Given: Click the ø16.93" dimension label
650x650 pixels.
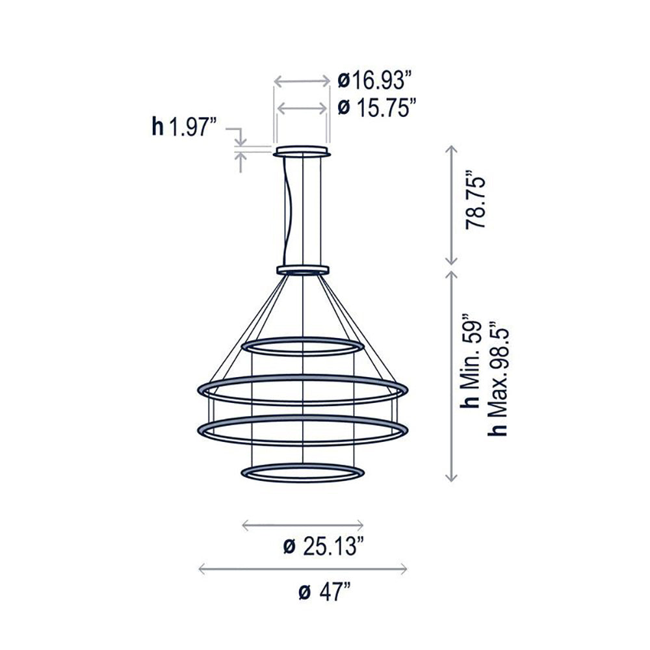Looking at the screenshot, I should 376,81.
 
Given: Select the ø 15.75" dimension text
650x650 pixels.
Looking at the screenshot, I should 377,107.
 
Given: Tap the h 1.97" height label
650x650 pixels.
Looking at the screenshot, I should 183,127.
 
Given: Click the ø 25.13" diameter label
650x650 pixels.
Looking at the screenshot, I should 323,547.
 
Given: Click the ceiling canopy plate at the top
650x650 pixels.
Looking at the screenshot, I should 302,152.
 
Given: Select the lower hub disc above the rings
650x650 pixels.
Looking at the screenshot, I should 303,269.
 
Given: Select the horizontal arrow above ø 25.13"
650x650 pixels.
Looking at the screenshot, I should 302,524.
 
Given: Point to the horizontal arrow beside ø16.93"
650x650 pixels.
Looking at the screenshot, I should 302,81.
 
